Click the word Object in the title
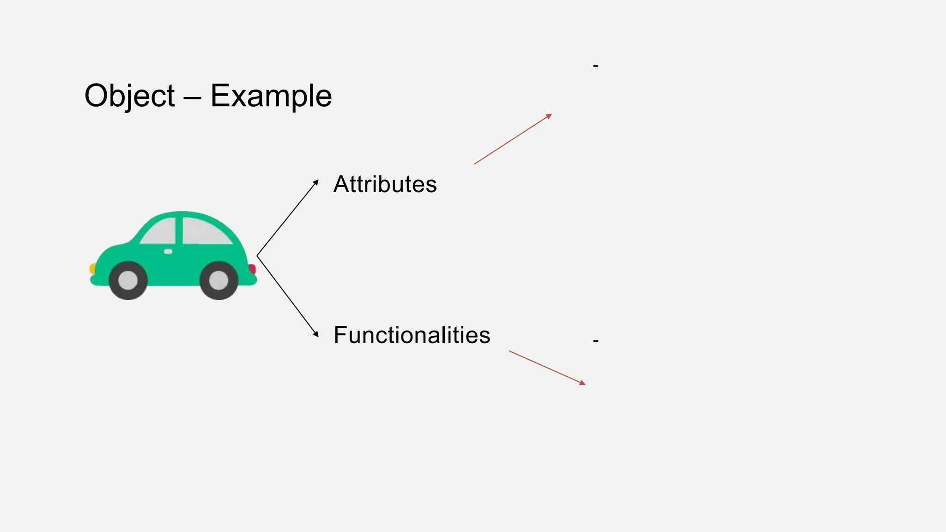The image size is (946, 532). click(129, 96)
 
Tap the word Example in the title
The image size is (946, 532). click(271, 96)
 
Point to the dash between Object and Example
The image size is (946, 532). click(192, 97)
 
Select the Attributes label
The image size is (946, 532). click(385, 184)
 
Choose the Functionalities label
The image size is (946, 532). click(412, 335)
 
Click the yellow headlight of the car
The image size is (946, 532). click(92, 268)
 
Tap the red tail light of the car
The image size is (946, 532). click(252, 269)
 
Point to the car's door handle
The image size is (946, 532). click(168, 251)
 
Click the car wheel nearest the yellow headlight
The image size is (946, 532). click(128, 280)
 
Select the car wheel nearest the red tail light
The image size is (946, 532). click(218, 280)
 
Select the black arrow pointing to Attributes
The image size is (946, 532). click(288, 218)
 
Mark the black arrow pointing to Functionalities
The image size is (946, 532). click(288, 296)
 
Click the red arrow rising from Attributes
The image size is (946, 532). click(513, 139)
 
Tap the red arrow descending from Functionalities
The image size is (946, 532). click(547, 368)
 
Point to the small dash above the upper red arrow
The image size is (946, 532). click(596, 66)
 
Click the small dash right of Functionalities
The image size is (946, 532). click(596, 341)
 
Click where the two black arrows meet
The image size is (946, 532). click(257, 256)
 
